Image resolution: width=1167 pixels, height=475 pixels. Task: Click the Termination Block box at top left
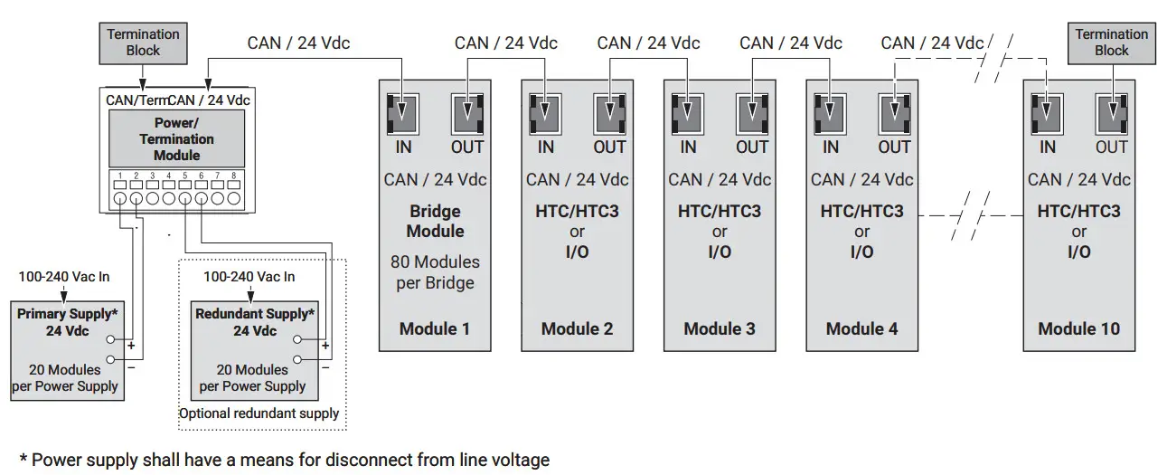point(143,43)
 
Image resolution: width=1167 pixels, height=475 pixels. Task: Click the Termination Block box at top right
point(1111,43)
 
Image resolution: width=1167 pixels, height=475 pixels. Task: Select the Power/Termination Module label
point(176,138)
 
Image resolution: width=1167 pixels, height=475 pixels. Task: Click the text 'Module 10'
point(1078,328)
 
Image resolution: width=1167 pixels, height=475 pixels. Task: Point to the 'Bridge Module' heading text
point(435,221)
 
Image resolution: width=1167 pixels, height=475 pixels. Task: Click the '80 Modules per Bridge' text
point(435,271)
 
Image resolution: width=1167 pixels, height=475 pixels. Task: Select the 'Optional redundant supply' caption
point(259,413)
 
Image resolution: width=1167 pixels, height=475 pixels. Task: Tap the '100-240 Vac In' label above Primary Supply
point(64,276)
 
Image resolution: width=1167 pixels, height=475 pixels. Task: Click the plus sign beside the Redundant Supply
point(325,347)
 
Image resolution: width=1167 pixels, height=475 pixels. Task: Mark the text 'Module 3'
point(720,328)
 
